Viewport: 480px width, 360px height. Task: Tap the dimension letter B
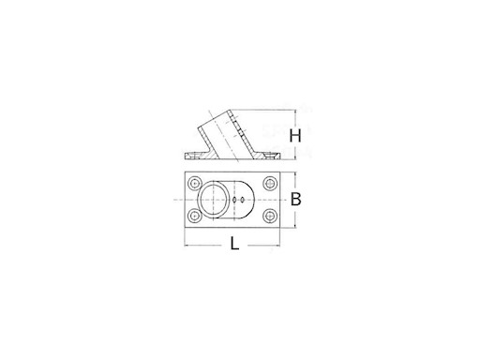pyautogui.click(x=294, y=200)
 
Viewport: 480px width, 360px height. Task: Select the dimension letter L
pyautogui.click(x=232, y=247)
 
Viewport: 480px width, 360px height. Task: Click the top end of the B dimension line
pyautogui.click(x=297, y=173)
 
